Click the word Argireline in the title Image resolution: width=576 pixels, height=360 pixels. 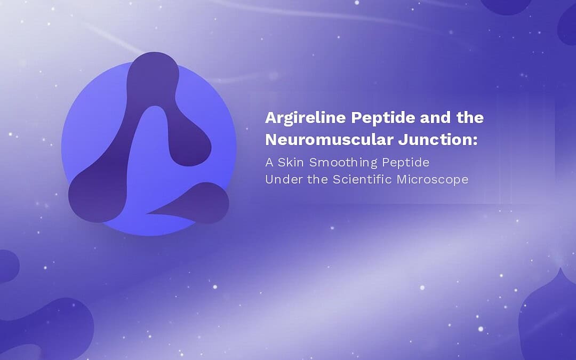tap(305, 118)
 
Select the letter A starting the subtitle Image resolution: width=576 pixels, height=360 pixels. tap(269, 162)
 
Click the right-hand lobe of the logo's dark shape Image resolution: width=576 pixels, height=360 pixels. tap(190, 143)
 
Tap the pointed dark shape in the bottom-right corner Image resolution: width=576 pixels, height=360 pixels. tap(549, 319)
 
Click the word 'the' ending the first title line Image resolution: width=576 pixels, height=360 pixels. tap(470, 118)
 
